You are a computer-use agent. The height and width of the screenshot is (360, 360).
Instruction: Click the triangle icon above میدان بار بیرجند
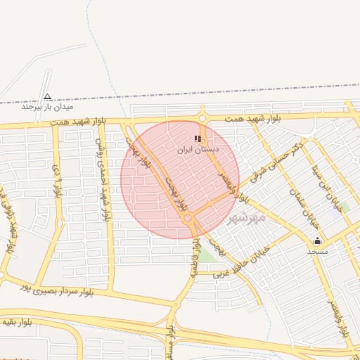[47, 96]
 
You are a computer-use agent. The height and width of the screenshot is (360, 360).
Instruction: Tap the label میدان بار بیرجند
[47, 107]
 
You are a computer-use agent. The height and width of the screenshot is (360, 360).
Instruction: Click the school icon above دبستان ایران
[198, 139]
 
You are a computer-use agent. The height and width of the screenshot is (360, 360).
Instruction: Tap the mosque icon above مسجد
[317, 240]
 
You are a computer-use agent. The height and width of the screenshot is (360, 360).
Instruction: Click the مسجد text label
[317, 251]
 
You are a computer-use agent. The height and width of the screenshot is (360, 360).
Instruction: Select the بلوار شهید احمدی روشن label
[103, 179]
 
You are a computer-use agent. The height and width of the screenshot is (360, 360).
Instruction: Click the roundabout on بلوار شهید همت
[202, 118]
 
